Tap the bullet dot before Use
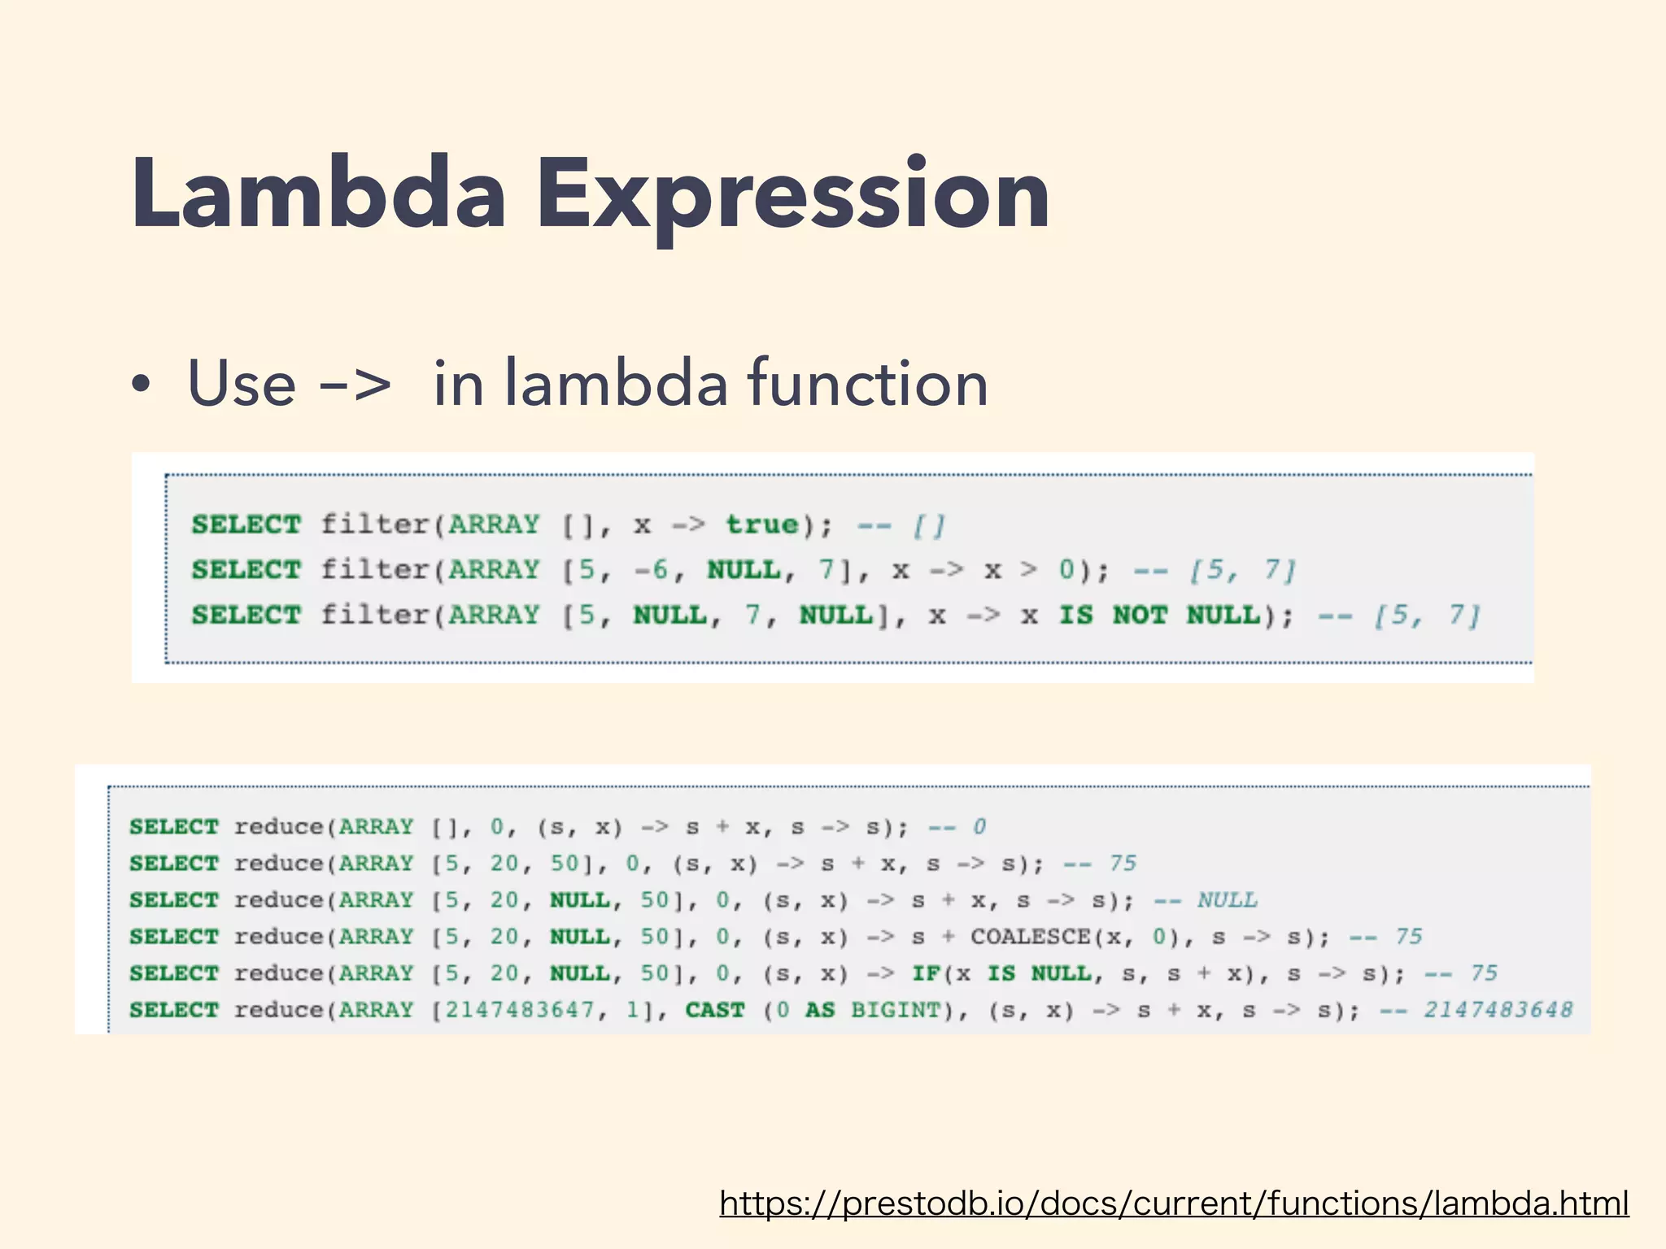point(142,385)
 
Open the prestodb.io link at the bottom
point(1174,1203)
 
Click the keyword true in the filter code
point(761,524)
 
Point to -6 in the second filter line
point(652,570)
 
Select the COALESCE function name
point(1030,937)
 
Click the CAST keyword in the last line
point(715,1010)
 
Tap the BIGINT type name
point(896,1010)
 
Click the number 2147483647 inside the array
point(521,1010)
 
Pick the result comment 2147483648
point(1498,1010)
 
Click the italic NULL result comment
point(1227,900)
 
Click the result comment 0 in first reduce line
point(979,827)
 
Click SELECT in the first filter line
point(246,524)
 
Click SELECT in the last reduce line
point(174,1010)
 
